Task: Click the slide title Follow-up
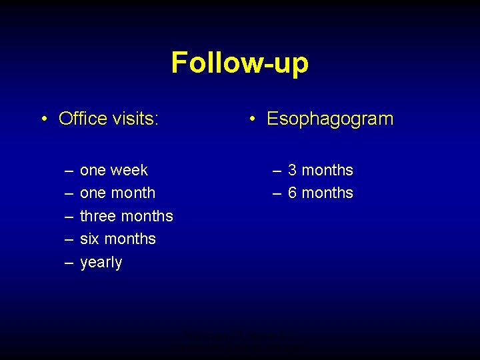tap(239, 63)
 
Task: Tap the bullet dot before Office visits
tap(43, 119)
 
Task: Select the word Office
tap(83, 119)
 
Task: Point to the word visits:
tap(136, 119)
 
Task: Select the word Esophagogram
tap(330, 119)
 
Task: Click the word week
tap(130, 170)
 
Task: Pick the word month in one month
tap(133, 193)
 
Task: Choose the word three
tap(97, 216)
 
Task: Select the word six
tap(89, 239)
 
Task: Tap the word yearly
tap(101, 263)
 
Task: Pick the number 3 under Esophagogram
tap(293, 170)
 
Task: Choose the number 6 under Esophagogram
tap(293, 193)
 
